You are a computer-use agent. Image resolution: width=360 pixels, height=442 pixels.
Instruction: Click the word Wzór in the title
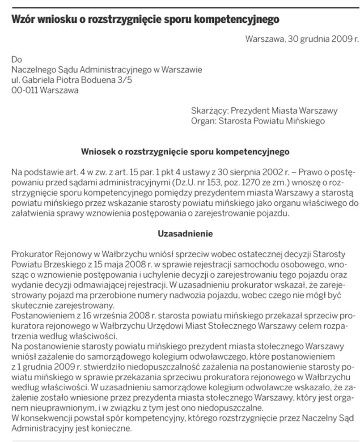click(x=24, y=20)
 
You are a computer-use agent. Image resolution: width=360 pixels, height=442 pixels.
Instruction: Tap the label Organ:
click(x=203, y=121)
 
